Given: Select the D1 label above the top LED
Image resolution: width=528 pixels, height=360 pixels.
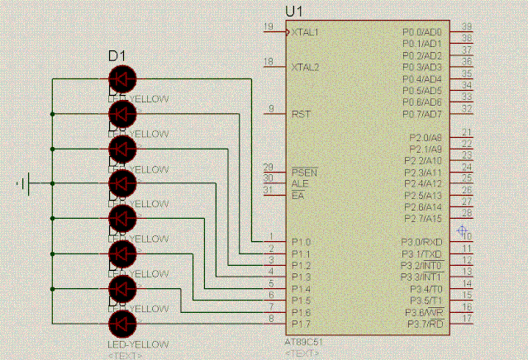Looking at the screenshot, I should click(x=117, y=56).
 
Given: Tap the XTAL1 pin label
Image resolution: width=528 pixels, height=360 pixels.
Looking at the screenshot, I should click(x=305, y=32).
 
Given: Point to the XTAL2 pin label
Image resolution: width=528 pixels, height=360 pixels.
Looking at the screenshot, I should click(x=305, y=67).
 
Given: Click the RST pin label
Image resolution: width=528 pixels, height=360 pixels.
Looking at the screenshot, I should click(x=301, y=114).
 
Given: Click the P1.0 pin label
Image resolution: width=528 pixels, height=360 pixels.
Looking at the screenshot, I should click(x=301, y=241).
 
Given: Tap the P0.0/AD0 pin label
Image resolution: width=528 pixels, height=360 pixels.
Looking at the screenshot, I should click(x=421, y=32).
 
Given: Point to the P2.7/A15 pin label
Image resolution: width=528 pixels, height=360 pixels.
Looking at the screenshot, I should click(x=422, y=218).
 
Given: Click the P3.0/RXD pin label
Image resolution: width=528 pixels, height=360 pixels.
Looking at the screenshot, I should click(x=421, y=241).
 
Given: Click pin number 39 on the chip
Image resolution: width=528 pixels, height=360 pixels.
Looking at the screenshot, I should click(x=467, y=26).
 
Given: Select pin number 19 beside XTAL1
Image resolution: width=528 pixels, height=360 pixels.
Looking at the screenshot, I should click(x=268, y=27).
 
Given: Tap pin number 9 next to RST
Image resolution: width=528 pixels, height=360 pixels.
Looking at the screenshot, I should click(x=270, y=109).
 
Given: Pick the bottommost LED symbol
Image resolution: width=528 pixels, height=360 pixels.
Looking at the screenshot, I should click(x=122, y=322).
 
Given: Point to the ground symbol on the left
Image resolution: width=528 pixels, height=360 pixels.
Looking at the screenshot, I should click(x=27, y=183).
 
